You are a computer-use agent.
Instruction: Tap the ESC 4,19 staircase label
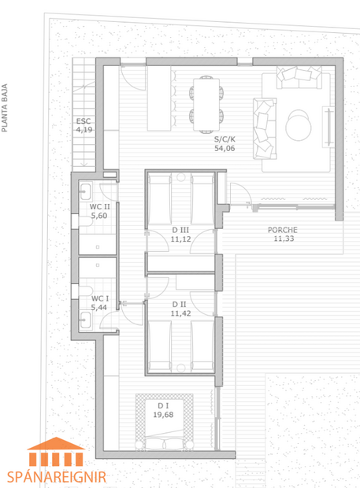tap(84, 125)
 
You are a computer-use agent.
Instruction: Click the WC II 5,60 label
tap(98, 211)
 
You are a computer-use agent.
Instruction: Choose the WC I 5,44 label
tap(99, 302)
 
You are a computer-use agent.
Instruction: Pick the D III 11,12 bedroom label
tap(181, 234)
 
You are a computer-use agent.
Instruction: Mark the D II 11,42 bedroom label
tap(181, 308)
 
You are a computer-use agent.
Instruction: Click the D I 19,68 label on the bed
tap(164, 409)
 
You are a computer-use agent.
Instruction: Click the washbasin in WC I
tap(85, 319)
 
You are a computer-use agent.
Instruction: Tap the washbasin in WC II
tap(85, 193)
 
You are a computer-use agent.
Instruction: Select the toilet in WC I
tap(83, 292)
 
